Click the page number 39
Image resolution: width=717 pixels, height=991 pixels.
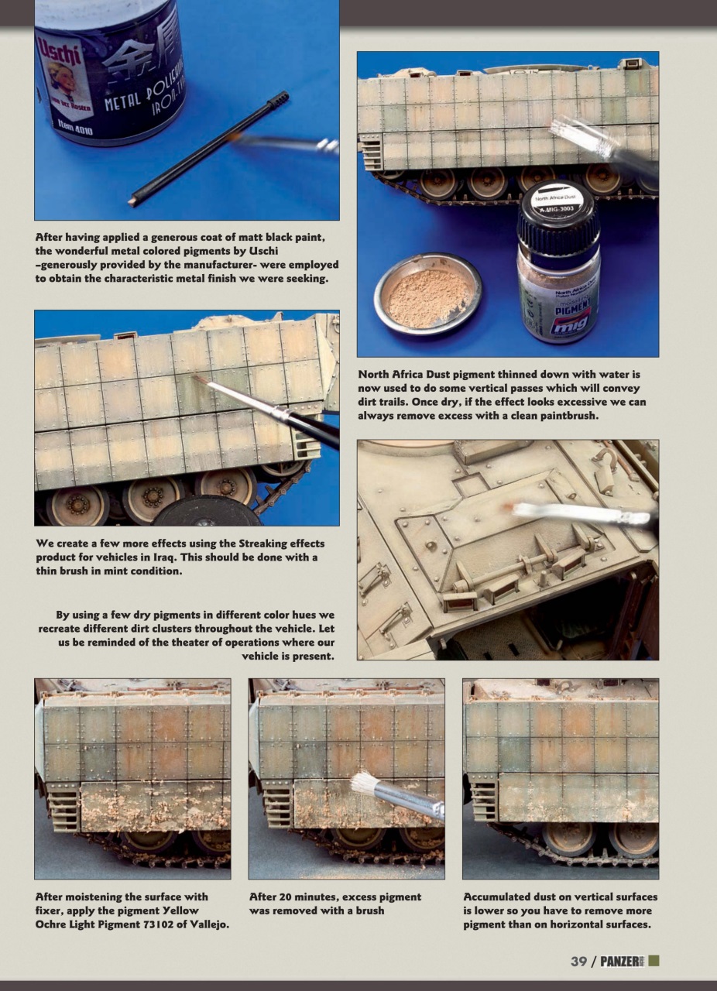point(578,961)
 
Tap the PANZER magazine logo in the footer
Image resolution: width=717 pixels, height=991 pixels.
point(623,961)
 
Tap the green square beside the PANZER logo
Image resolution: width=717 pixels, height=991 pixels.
point(654,961)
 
